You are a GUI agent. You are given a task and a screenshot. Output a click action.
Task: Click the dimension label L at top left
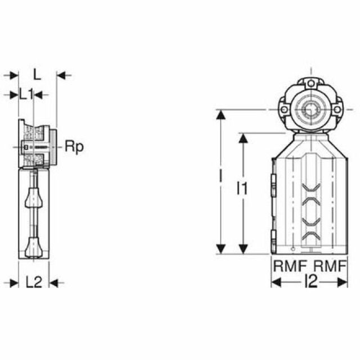coord(36,73)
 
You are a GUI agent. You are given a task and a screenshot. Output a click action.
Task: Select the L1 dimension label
coord(25,94)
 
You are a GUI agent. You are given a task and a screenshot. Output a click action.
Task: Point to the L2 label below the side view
coord(34,283)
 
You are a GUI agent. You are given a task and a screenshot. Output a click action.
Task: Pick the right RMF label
coord(330,265)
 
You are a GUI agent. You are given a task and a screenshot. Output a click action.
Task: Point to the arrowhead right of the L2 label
coord(54,283)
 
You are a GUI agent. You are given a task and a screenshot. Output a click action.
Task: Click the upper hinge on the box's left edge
coord(273,185)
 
